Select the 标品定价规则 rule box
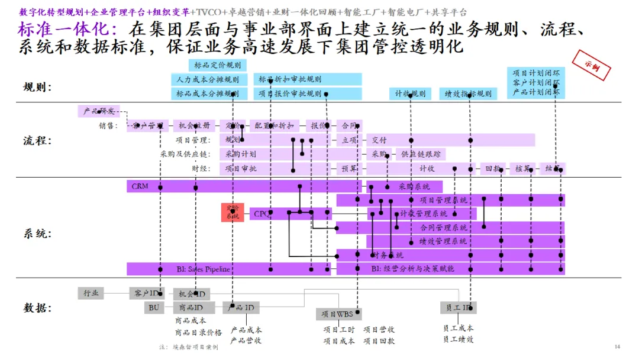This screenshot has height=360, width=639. pyautogui.click(x=217, y=66)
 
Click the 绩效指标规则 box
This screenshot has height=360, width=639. pyautogui.click(x=467, y=94)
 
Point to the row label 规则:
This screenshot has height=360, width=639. pyautogui.click(x=37, y=88)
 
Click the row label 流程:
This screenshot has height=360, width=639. pyautogui.click(x=37, y=141)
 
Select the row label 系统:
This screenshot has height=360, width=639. pyautogui.click(x=37, y=233)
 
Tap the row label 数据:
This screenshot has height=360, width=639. pyautogui.click(x=37, y=308)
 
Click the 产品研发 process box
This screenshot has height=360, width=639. pyautogui.click(x=98, y=111)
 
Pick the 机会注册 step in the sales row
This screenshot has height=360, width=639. pyautogui.click(x=194, y=126)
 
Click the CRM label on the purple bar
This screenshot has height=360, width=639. pyautogui.click(x=140, y=187)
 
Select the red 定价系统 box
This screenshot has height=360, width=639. pyautogui.click(x=233, y=212)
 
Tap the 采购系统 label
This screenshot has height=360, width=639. pyautogui.click(x=414, y=187)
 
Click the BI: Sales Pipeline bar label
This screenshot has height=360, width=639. pyautogui.click(x=203, y=269)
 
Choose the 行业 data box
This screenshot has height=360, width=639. pyautogui.click(x=91, y=293)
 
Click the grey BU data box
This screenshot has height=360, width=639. pyautogui.click(x=154, y=308)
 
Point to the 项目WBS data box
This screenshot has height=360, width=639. pyautogui.click(x=338, y=314)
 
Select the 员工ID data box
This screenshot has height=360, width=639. pyautogui.click(x=458, y=308)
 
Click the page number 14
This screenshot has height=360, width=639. pyautogui.click(x=617, y=346)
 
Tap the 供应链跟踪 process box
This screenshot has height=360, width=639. pyautogui.click(x=421, y=155)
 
